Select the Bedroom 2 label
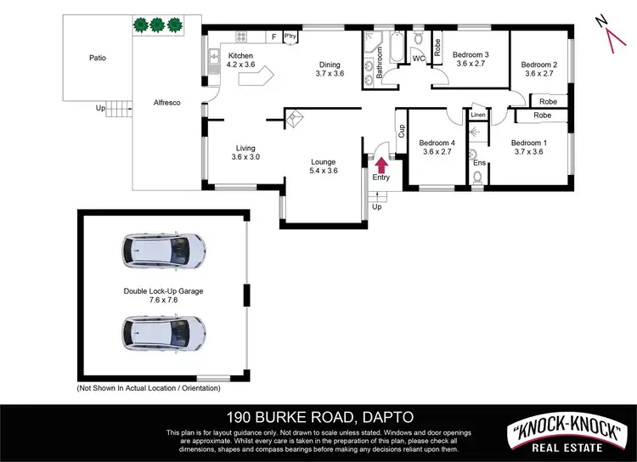pos(538,69)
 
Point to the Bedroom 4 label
pos(437,147)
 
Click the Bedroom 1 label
pos(528,147)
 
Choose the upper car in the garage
pos(164,250)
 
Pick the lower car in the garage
pos(164,333)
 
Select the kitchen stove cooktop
pos(240,37)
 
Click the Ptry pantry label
pos(290,36)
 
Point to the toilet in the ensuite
pos(477,177)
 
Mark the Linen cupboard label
pos(478,115)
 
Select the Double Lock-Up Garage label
pos(164,290)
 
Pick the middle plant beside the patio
pos(156,25)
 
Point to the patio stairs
pos(124,108)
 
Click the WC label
pos(418,58)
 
